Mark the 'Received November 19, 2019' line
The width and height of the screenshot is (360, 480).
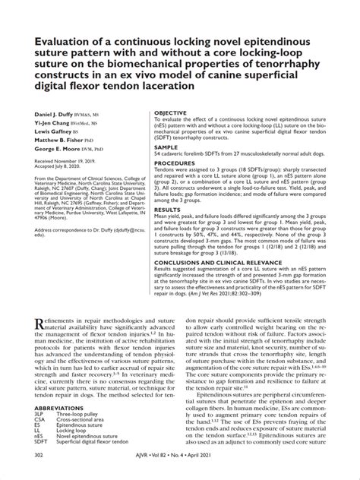74,162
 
